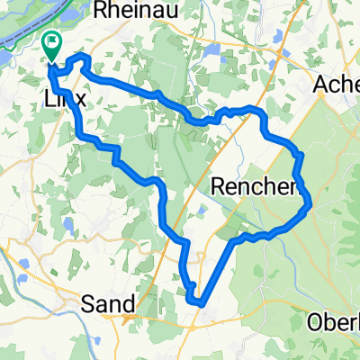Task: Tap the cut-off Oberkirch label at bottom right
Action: click(x=334, y=321)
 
